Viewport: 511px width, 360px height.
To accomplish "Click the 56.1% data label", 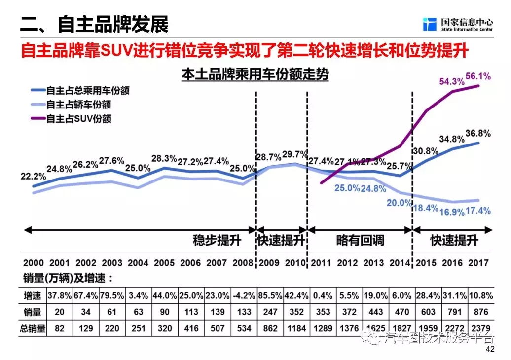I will click(476, 77).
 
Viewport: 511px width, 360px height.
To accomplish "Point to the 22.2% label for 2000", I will click(33, 176).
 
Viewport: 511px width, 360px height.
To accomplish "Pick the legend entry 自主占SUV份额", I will click(78, 119).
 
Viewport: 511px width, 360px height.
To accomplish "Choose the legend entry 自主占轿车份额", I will click(78, 105).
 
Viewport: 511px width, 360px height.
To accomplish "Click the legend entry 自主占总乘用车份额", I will click(89, 91).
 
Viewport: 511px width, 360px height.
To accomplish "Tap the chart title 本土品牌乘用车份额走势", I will click(255, 75).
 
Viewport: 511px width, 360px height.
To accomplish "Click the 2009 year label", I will click(269, 263).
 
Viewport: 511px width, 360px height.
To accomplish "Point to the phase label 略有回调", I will click(360, 241).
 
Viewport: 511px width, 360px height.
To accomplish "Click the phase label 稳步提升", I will click(217, 241).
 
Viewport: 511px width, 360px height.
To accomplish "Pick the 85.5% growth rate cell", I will click(269, 296).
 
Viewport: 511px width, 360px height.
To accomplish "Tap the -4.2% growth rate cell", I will click(244, 296).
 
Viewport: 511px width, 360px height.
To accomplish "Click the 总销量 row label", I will click(32, 329).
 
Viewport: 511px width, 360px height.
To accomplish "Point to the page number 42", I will click(490, 349).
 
